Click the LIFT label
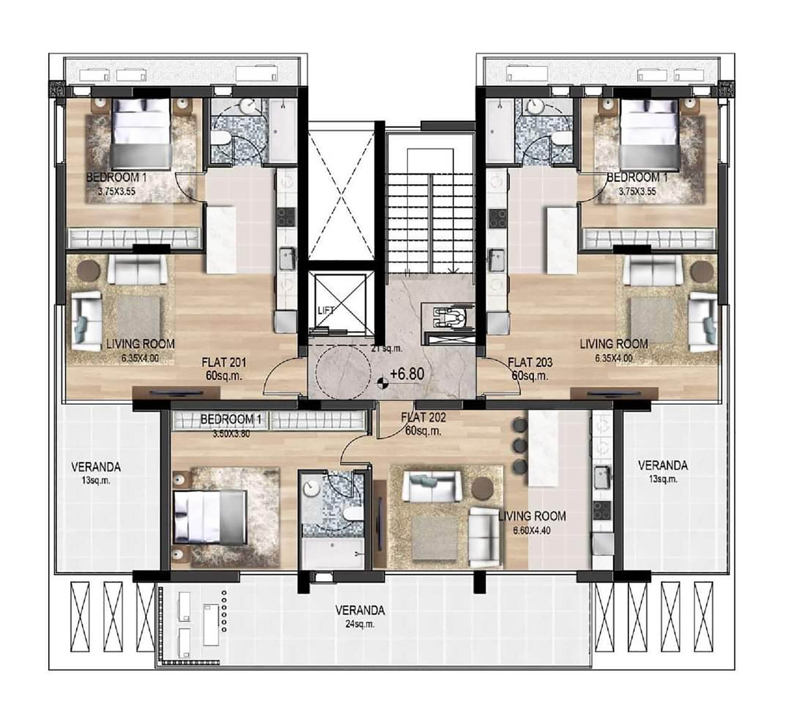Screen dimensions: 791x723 [326, 310]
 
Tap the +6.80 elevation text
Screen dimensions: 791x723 [407, 374]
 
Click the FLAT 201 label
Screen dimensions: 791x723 [224, 362]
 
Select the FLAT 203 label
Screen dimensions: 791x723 [530, 362]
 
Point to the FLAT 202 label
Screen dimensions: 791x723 [423, 417]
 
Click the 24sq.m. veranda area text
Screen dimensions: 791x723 [360, 625]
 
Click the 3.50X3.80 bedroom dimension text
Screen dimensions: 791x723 [231, 434]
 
